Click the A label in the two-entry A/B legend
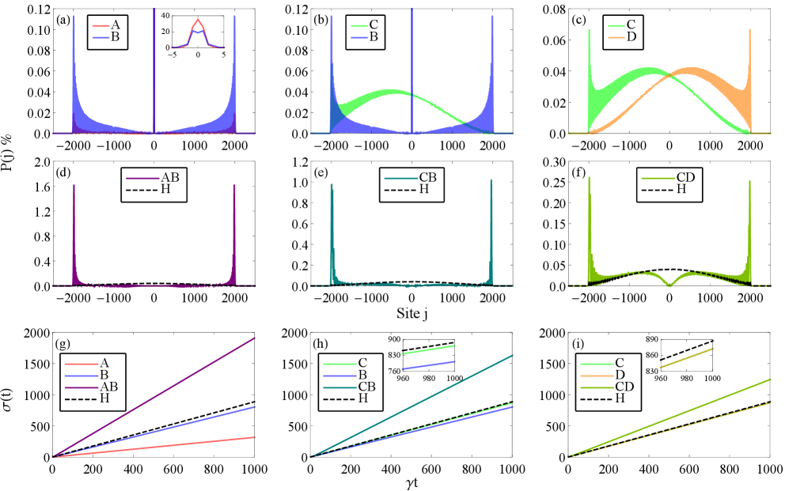pyautogui.click(x=116, y=25)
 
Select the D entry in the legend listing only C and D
pyautogui.click(x=630, y=38)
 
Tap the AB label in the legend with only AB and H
pyautogui.click(x=169, y=177)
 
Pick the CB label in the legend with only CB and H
pyautogui.click(x=427, y=177)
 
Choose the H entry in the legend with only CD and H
pyautogui.click(x=681, y=189)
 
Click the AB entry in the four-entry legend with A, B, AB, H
pyautogui.click(x=108, y=387)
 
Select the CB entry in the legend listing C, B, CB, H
pyautogui.click(x=367, y=387)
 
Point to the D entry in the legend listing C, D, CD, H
pyautogui.click(x=620, y=375)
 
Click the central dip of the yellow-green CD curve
pyautogui.click(x=670, y=283)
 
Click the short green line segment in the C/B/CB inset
pyautogui.click(x=428, y=349)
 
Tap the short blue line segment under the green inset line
pyautogui.click(x=428, y=364)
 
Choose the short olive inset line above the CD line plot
pyautogui.click(x=686, y=357)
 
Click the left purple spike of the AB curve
pyautogui.click(x=74, y=229)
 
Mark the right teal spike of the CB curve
pyautogui.click(x=491, y=229)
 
